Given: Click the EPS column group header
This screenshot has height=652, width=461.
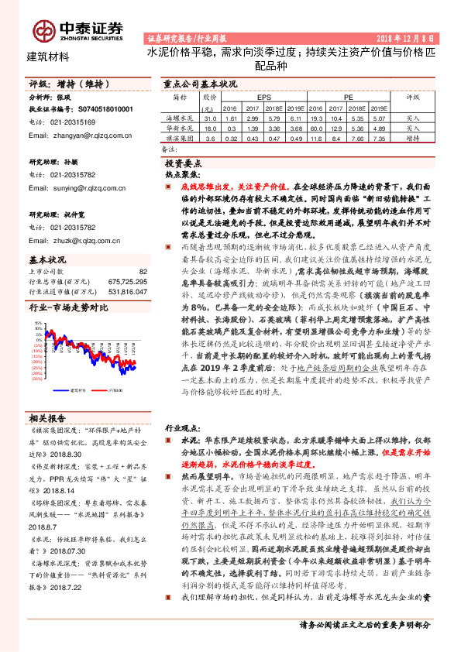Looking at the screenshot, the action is [263, 98].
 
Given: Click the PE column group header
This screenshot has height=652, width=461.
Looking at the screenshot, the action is [349, 98].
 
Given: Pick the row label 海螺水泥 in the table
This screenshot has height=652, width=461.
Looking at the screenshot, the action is [181, 118].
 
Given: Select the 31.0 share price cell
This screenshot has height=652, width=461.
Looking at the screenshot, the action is [210, 118].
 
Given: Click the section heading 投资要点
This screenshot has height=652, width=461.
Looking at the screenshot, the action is [184, 165].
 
